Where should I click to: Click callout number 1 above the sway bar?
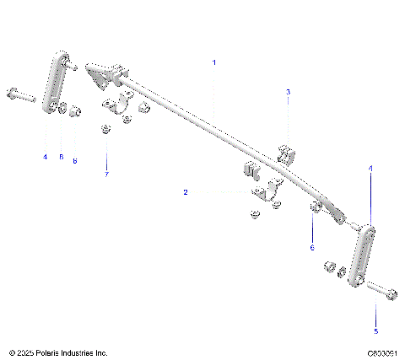tap(214, 62)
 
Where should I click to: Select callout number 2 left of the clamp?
tap(185, 192)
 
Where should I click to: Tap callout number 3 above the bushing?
tap(288, 92)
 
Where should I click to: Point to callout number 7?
tap(107, 175)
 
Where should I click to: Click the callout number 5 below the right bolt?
tap(375, 331)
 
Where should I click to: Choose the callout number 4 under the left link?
tap(45, 157)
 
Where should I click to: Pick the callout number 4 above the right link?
tap(370, 169)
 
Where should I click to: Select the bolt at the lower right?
tap(382, 293)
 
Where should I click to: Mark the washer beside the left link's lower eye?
tap(62, 109)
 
